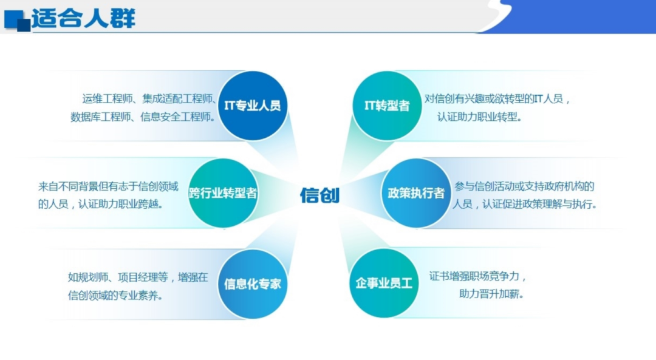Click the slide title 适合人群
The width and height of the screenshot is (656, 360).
pos(83,18)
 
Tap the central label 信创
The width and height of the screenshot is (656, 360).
pos(319,195)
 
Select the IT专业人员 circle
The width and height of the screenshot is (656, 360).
pos(253,106)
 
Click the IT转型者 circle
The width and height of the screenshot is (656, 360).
pos(387,106)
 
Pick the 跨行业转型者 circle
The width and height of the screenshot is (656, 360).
pos(223,194)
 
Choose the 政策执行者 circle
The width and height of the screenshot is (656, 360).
pos(416,193)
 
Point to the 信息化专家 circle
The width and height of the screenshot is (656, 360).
pos(253,284)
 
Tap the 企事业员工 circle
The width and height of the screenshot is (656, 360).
pos(384,283)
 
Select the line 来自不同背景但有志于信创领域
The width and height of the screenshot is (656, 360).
pos(108,186)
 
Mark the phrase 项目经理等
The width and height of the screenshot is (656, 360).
pos(149,277)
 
